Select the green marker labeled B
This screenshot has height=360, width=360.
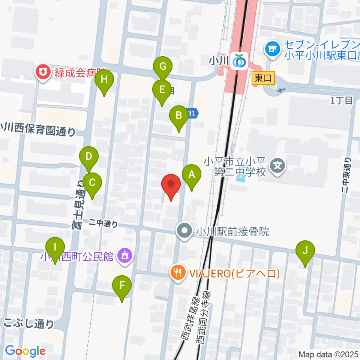point(179,116)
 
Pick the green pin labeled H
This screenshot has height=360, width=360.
point(104,80)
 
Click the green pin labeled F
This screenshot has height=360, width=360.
point(122,286)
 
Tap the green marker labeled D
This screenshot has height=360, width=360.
point(89,157)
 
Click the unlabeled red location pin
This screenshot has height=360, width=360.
point(171,185)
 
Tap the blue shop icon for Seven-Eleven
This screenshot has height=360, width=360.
point(273,48)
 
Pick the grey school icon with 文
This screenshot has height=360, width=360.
point(278,165)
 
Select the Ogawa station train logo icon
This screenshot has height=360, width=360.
point(239,60)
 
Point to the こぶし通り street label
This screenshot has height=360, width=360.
point(29,323)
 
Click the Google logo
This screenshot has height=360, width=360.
point(25,351)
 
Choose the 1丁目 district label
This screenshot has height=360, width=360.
point(342,100)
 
